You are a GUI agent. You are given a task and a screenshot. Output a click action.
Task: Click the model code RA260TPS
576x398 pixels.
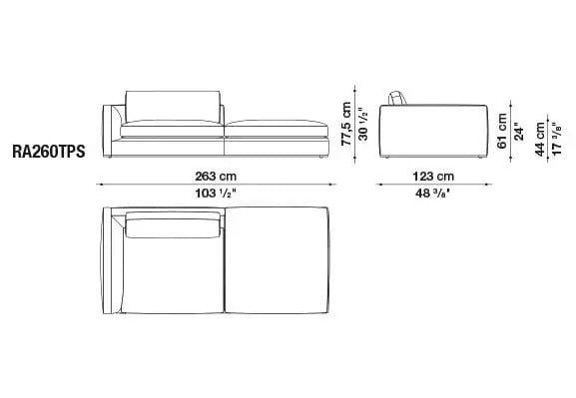pyautogui.click(x=49, y=154)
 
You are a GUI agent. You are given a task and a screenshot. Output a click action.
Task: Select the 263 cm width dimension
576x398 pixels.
pyautogui.click(x=216, y=175)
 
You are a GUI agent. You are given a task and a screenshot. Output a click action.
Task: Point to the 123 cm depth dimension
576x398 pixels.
pyautogui.click(x=430, y=175)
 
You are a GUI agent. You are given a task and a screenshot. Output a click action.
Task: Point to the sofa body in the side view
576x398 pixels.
pyautogui.click(x=431, y=130)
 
